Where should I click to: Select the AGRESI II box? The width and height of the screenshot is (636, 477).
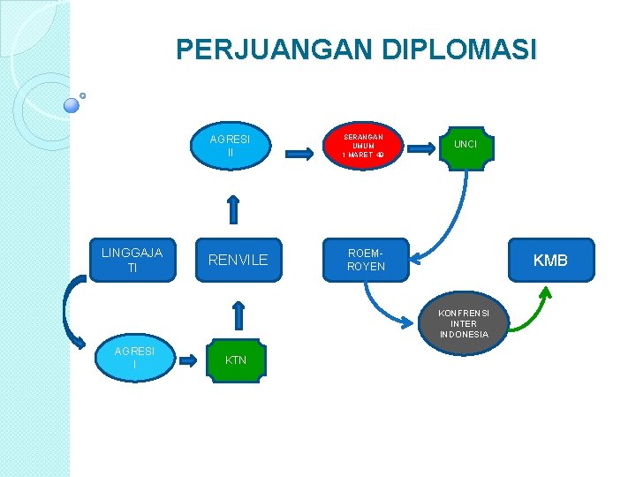[230, 146]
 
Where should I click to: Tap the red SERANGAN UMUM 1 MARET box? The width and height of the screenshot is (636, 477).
[363, 146]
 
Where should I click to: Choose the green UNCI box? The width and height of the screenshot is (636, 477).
[466, 144]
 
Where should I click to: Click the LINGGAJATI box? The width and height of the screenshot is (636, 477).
[132, 260]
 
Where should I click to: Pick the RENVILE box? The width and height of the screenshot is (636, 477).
[238, 260]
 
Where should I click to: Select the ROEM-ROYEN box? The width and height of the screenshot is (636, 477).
[366, 260]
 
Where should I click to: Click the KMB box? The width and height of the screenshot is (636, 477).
[550, 260]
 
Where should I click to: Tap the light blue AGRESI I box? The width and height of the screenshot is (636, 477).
[134, 358]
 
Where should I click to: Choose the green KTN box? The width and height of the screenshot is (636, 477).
[236, 360]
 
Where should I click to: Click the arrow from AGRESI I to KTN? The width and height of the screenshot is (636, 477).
[189, 360]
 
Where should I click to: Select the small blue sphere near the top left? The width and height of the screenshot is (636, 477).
[72, 105]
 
